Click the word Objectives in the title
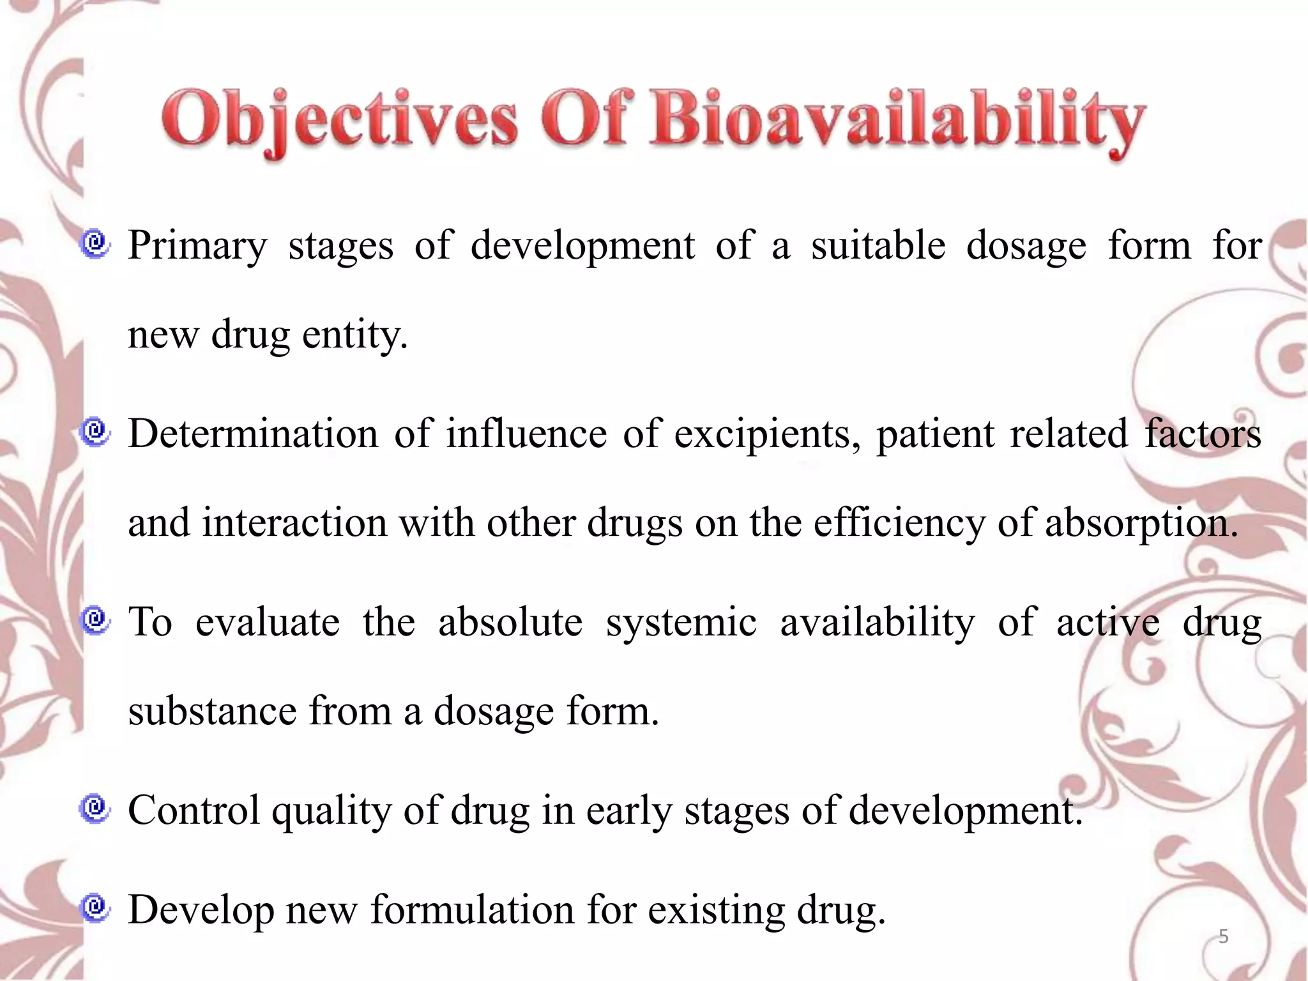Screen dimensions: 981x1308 [339, 120]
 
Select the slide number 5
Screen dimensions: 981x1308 [1223, 937]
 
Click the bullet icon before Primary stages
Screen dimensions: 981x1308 [96, 244]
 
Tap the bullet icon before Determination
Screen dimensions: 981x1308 [96, 432]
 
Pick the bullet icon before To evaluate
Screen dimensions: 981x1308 [96, 620]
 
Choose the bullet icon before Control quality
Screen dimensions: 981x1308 [96, 809]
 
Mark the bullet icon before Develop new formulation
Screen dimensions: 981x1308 [96, 908]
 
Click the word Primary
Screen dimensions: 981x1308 [197, 246]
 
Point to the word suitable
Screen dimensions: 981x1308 [878, 245]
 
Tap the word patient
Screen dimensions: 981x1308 [935, 434]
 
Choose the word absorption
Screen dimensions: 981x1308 [1141, 523]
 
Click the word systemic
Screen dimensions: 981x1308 [681, 623]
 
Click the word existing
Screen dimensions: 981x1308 [716, 910]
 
